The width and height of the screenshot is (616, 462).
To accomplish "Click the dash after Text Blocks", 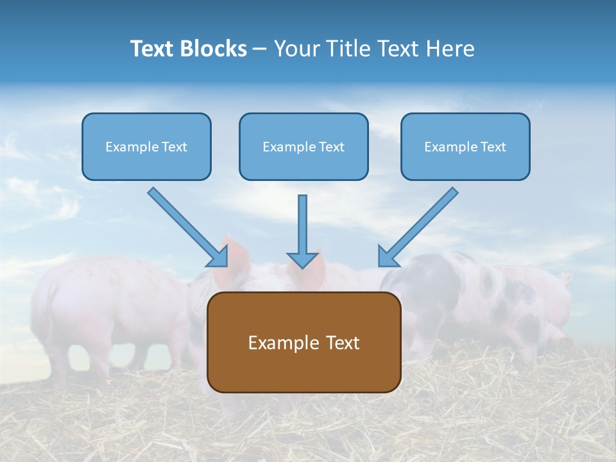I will [x=261, y=49].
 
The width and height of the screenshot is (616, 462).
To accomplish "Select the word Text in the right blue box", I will [x=493, y=147].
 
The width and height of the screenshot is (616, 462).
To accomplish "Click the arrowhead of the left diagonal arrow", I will [x=218, y=257].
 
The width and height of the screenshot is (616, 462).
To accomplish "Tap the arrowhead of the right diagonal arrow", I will [x=388, y=257].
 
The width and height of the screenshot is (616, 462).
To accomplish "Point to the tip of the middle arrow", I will [x=303, y=266].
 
